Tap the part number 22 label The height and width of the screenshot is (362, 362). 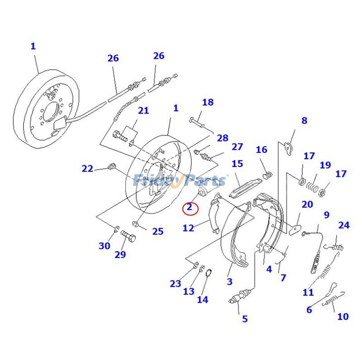point(87,169)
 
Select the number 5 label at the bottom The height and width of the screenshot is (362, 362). point(245,319)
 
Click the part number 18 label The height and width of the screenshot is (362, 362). point(208,102)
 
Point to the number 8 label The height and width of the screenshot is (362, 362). point(304,120)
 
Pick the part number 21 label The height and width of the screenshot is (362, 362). point(143,111)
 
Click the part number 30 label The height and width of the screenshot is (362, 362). point(105,246)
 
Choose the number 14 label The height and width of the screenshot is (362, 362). point(202,299)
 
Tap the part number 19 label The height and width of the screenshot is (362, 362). point(325,165)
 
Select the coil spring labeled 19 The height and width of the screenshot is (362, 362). point(310,186)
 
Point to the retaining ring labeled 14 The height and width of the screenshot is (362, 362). point(210,273)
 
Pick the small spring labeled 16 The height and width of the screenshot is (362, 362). point(268,173)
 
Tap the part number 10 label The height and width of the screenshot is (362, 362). point(343,316)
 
